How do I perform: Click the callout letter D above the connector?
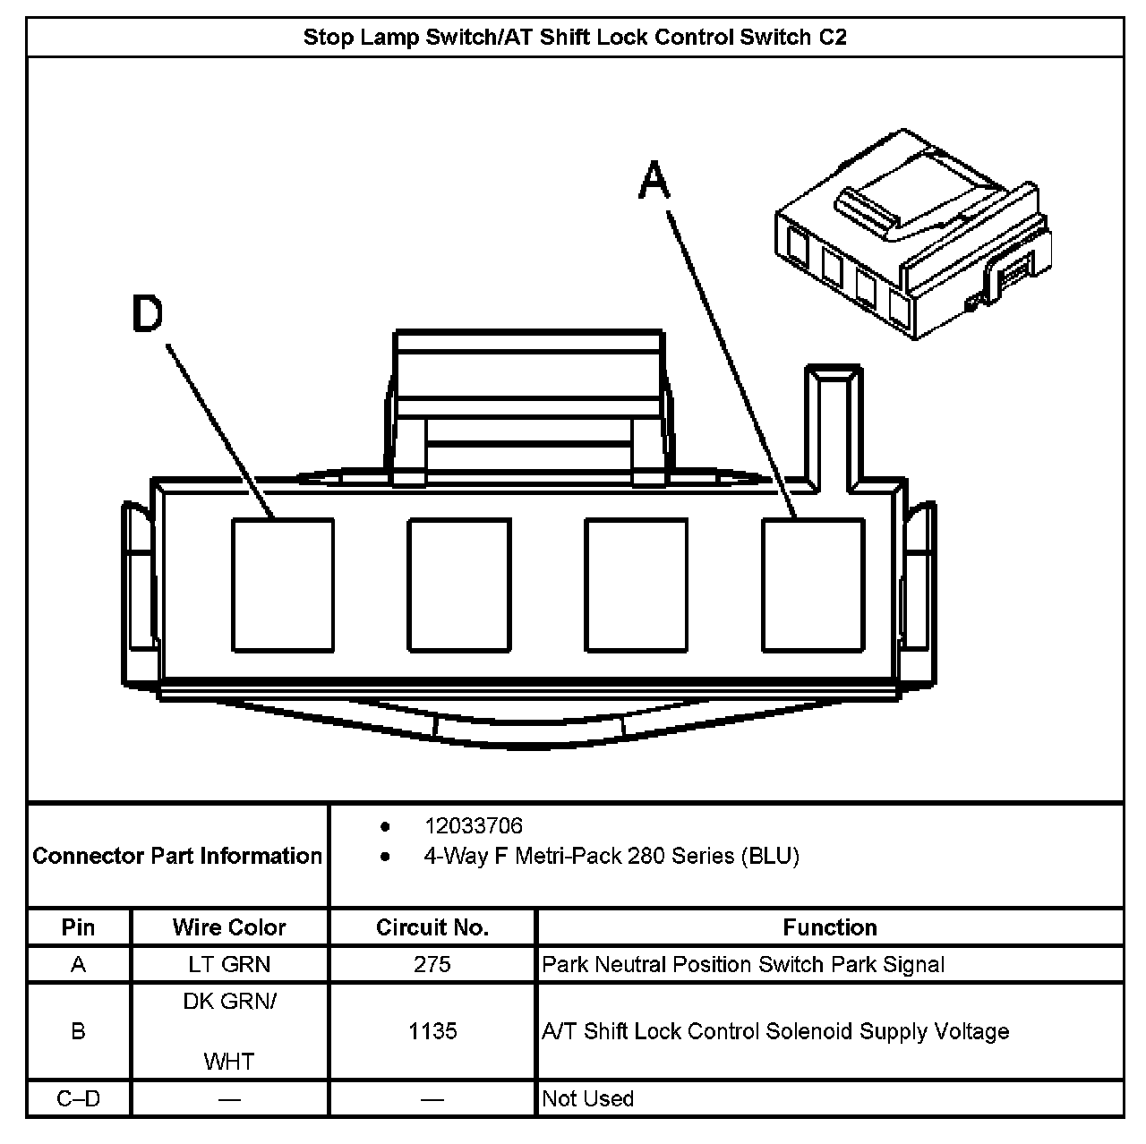[x=149, y=313]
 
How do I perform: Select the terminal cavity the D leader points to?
[x=283, y=585]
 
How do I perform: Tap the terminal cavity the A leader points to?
[x=813, y=585]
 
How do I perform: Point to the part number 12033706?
[x=473, y=825]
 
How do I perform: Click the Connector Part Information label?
[x=177, y=856]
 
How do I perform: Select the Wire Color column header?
[x=229, y=927]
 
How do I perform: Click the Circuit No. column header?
[x=432, y=927]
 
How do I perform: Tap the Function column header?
[x=830, y=927]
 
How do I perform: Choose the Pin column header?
[x=79, y=927]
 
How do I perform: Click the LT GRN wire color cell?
[x=229, y=964]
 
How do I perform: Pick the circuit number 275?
[x=432, y=964]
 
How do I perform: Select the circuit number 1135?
[x=432, y=1031]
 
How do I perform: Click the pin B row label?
[x=79, y=1031]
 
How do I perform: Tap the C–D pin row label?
[x=79, y=1098]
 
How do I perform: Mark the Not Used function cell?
[x=588, y=1098]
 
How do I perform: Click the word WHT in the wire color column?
[x=229, y=1062]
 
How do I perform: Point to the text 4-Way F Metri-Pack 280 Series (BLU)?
[x=611, y=856]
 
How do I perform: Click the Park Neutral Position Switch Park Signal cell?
[x=743, y=964]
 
